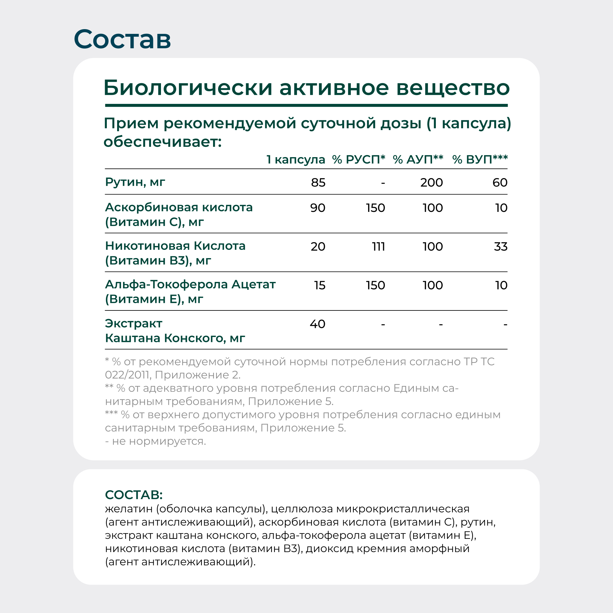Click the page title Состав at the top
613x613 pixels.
tap(122, 39)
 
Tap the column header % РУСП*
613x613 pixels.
tap(358, 159)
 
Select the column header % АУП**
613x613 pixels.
tap(418, 159)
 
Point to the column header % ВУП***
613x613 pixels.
tap(480, 159)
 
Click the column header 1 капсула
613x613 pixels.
tap(296, 160)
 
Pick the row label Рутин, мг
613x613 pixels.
tap(135, 182)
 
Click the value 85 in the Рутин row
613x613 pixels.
tap(318, 183)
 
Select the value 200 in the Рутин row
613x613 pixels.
tap(431, 183)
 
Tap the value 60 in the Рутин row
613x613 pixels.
tap(500, 183)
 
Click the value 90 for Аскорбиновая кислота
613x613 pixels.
tap(318, 208)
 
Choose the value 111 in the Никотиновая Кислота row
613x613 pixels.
tap(378, 247)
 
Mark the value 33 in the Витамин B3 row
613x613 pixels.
tap(501, 247)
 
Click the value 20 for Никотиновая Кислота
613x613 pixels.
tap(318, 247)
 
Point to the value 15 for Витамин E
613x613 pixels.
tap(320, 285)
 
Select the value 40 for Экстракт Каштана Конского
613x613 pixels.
tap(318, 324)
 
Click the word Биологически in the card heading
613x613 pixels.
tap(188, 88)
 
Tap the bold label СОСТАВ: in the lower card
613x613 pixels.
tap(134, 495)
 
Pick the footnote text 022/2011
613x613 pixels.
tap(127, 375)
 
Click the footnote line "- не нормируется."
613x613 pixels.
tap(155, 441)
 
